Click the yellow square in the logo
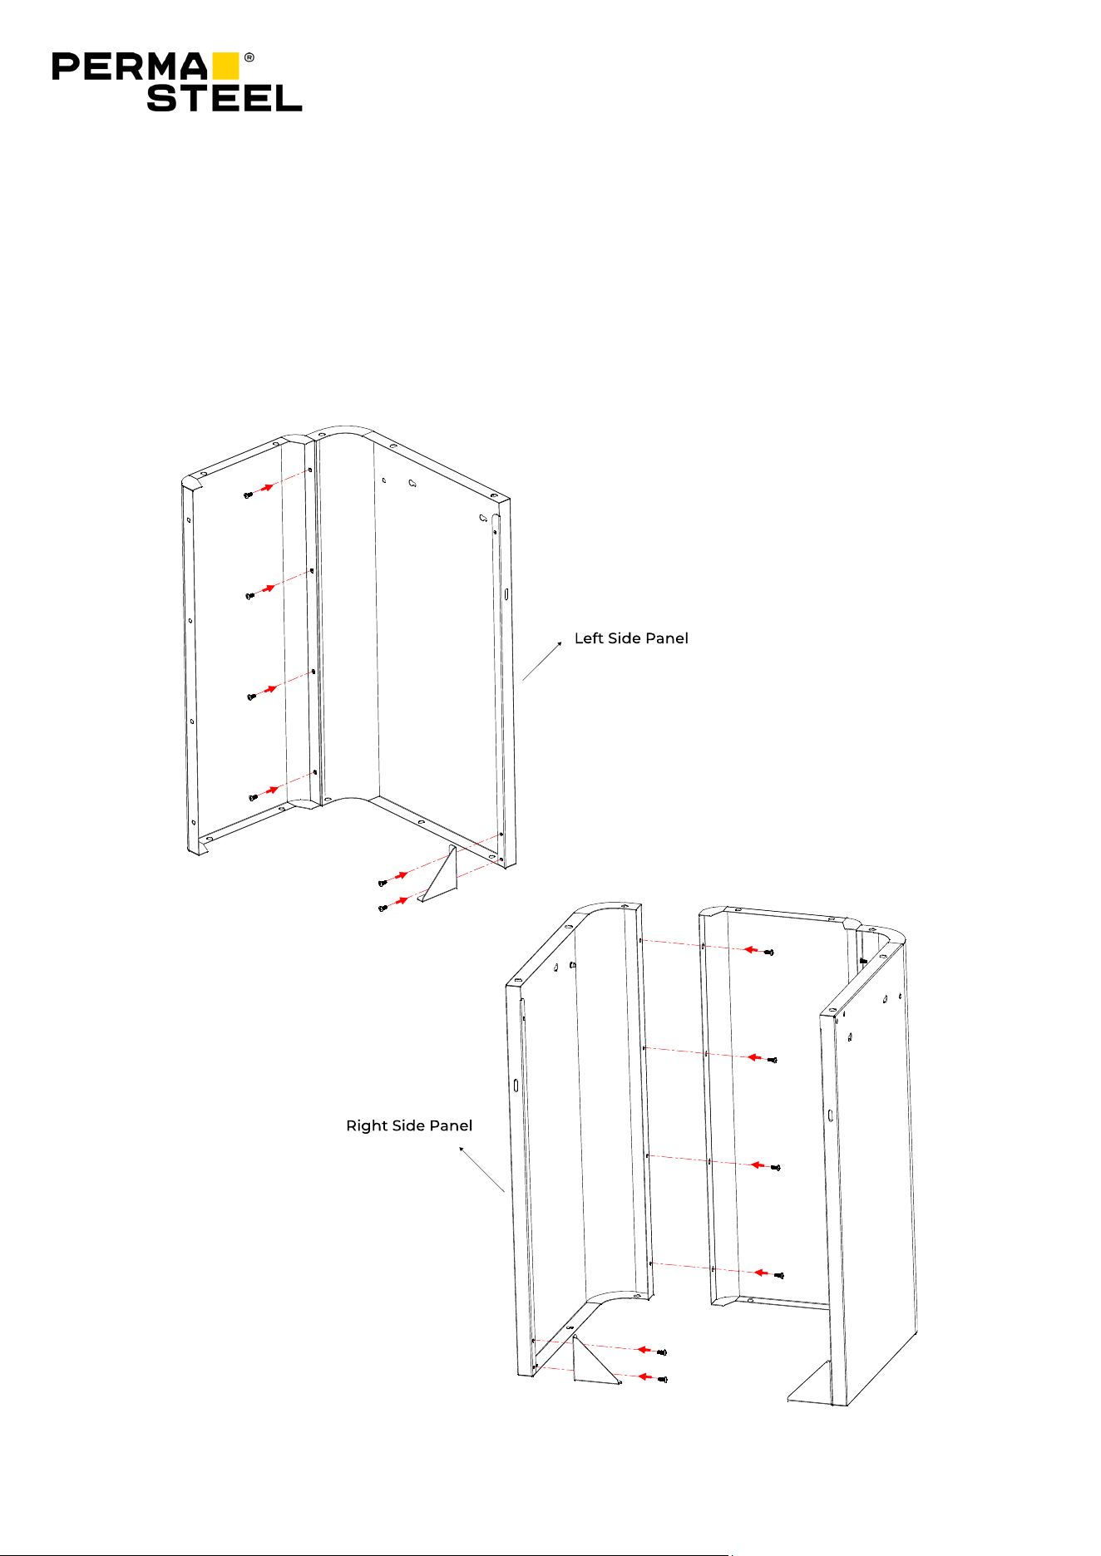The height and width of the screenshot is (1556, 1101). pos(225,66)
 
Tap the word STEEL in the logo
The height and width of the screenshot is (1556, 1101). pos(225,98)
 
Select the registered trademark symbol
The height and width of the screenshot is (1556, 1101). pos(249,58)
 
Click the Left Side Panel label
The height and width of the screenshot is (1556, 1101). pos(631,638)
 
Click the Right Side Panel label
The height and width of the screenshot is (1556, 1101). pos(409,1125)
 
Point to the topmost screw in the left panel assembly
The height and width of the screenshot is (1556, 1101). pos(248,495)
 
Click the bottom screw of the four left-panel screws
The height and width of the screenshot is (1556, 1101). pos(253,798)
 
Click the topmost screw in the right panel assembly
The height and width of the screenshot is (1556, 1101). pos(769,953)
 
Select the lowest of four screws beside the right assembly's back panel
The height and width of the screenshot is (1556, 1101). pos(779,1275)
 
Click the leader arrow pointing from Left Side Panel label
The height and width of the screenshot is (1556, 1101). pos(542,661)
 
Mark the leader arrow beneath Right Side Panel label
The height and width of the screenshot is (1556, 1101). pos(482,1169)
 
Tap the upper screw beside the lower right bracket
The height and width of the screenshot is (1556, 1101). pos(662,1352)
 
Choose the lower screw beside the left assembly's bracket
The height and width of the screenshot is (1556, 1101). pos(383,908)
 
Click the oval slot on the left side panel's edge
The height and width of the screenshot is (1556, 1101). pos(506,594)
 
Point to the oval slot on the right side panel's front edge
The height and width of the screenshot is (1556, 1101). pos(516,1085)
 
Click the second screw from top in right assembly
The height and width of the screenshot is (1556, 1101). pos(773,1060)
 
